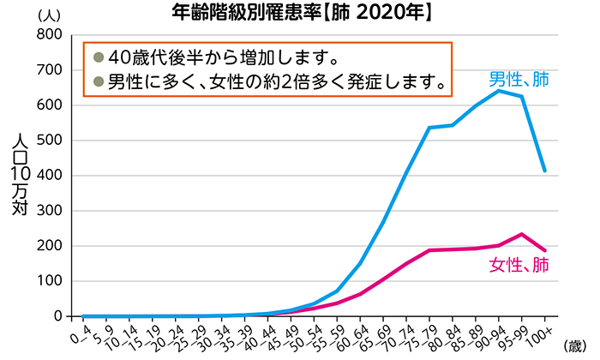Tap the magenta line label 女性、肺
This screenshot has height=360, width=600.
pyautogui.click(x=519, y=264)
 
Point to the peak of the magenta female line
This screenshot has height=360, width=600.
pyautogui.click(x=521, y=234)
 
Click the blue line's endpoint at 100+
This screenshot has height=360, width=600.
pyautogui.click(x=545, y=171)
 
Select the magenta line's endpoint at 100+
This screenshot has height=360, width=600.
pyautogui.click(x=545, y=250)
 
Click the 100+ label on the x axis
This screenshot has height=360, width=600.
pyautogui.click(x=541, y=333)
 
